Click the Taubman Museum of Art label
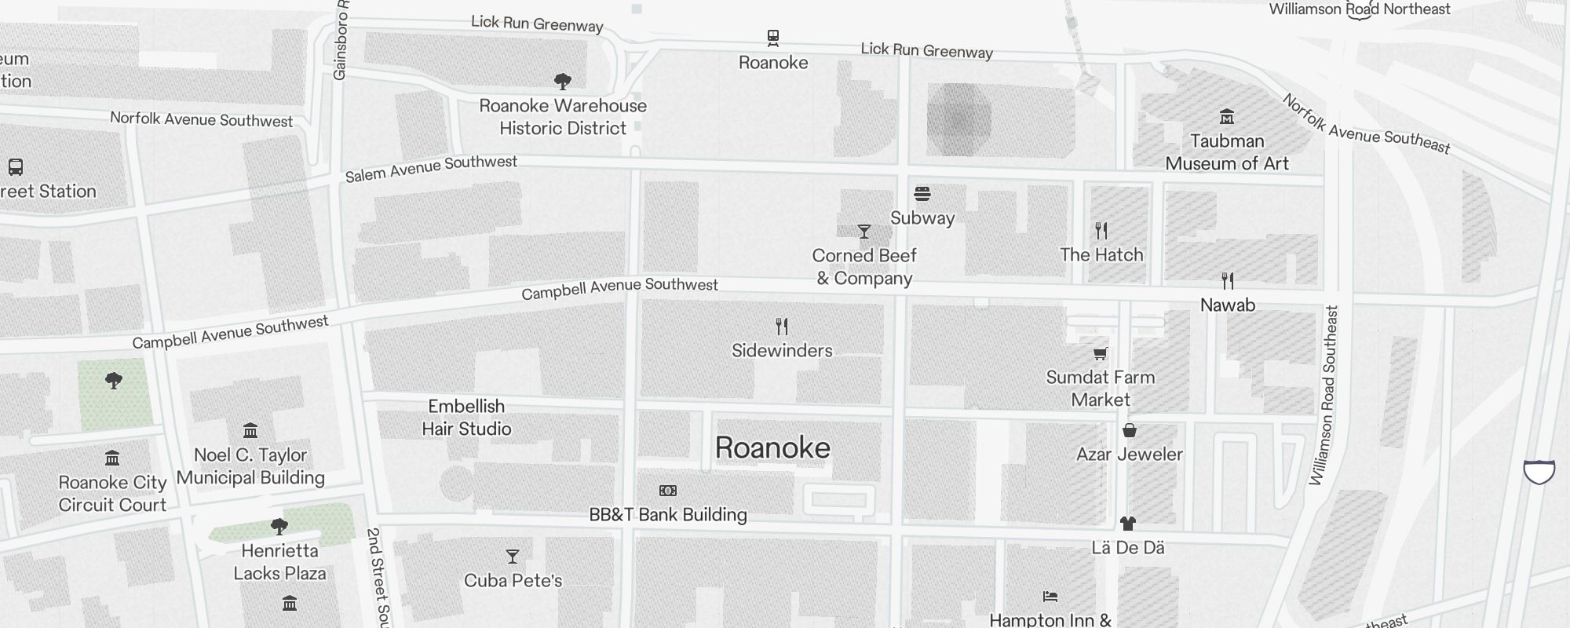click(x=1227, y=152)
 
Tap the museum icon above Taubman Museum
click(x=1227, y=117)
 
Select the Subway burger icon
click(x=922, y=194)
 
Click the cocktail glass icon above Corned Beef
click(x=864, y=232)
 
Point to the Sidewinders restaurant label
click(x=782, y=350)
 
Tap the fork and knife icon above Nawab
click(x=1228, y=280)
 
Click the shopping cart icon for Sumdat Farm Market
click(x=1101, y=354)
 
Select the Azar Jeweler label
click(x=1129, y=454)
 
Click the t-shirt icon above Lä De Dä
click(x=1128, y=523)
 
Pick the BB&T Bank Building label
click(x=668, y=515)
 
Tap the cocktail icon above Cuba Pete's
click(x=513, y=557)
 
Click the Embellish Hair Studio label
click(x=466, y=418)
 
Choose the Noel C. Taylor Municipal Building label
click(x=250, y=466)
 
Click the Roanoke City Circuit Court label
click(x=112, y=494)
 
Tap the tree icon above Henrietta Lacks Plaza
click(x=279, y=526)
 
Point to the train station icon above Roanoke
click(x=773, y=37)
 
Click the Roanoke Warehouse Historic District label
click(x=563, y=117)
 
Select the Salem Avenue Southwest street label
click(x=431, y=168)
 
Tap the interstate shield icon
click(x=1539, y=472)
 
